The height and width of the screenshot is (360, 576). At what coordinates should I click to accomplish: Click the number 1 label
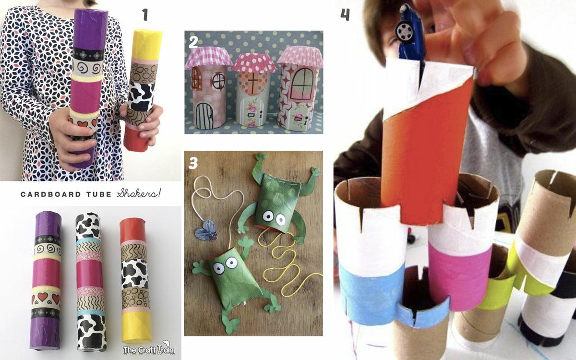coord(145,15)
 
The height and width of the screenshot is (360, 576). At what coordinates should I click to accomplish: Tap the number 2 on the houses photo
coord(193,42)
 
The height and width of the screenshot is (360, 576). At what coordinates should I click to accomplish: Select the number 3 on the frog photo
coord(193,163)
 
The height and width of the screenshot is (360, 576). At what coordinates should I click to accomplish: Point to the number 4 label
coord(345,14)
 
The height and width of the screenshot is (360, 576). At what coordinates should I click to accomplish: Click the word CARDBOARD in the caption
coord(51,194)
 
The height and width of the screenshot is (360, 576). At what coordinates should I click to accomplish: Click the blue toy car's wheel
coord(404,31)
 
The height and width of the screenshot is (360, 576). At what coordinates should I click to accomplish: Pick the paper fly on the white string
coord(206,230)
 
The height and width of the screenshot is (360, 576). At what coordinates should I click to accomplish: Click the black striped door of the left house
coord(205,116)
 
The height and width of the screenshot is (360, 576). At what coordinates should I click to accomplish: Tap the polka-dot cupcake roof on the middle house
coord(254,63)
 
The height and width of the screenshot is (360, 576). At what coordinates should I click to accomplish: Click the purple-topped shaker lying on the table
coord(46,280)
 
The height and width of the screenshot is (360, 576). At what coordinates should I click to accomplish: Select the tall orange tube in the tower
coord(426,144)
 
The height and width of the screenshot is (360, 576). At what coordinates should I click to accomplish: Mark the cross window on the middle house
coord(252,85)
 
